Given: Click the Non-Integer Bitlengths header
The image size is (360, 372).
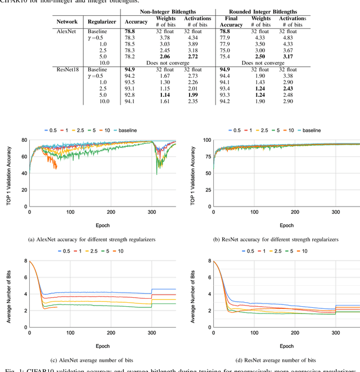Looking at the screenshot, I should [x=168, y=11].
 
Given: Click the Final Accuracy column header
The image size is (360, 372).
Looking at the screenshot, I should [x=231, y=21].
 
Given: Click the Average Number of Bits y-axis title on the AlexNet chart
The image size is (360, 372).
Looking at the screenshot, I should [x=10, y=293].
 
